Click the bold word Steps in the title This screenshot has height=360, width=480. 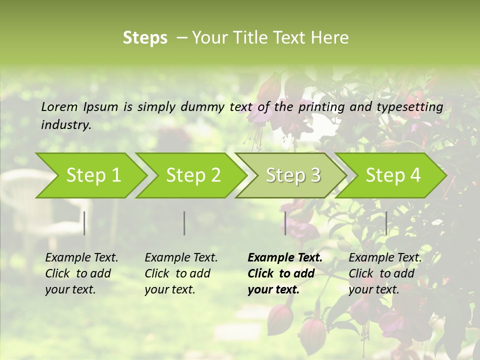click(145, 38)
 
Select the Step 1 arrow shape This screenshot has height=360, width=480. click(90, 175)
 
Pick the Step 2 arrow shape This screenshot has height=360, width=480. click(190, 175)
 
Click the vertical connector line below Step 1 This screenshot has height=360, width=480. click(84, 223)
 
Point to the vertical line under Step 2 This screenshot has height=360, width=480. click(184, 223)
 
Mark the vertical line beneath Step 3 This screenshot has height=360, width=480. click(285, 223)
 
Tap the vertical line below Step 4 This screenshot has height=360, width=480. click(386, 223)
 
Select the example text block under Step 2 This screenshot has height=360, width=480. click(180, 273)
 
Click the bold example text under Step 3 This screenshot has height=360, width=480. click(284, 273)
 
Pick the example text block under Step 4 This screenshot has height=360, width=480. click(384, 273)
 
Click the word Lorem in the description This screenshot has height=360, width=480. click(59, 107)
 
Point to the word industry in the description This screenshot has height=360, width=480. click(66, 125)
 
